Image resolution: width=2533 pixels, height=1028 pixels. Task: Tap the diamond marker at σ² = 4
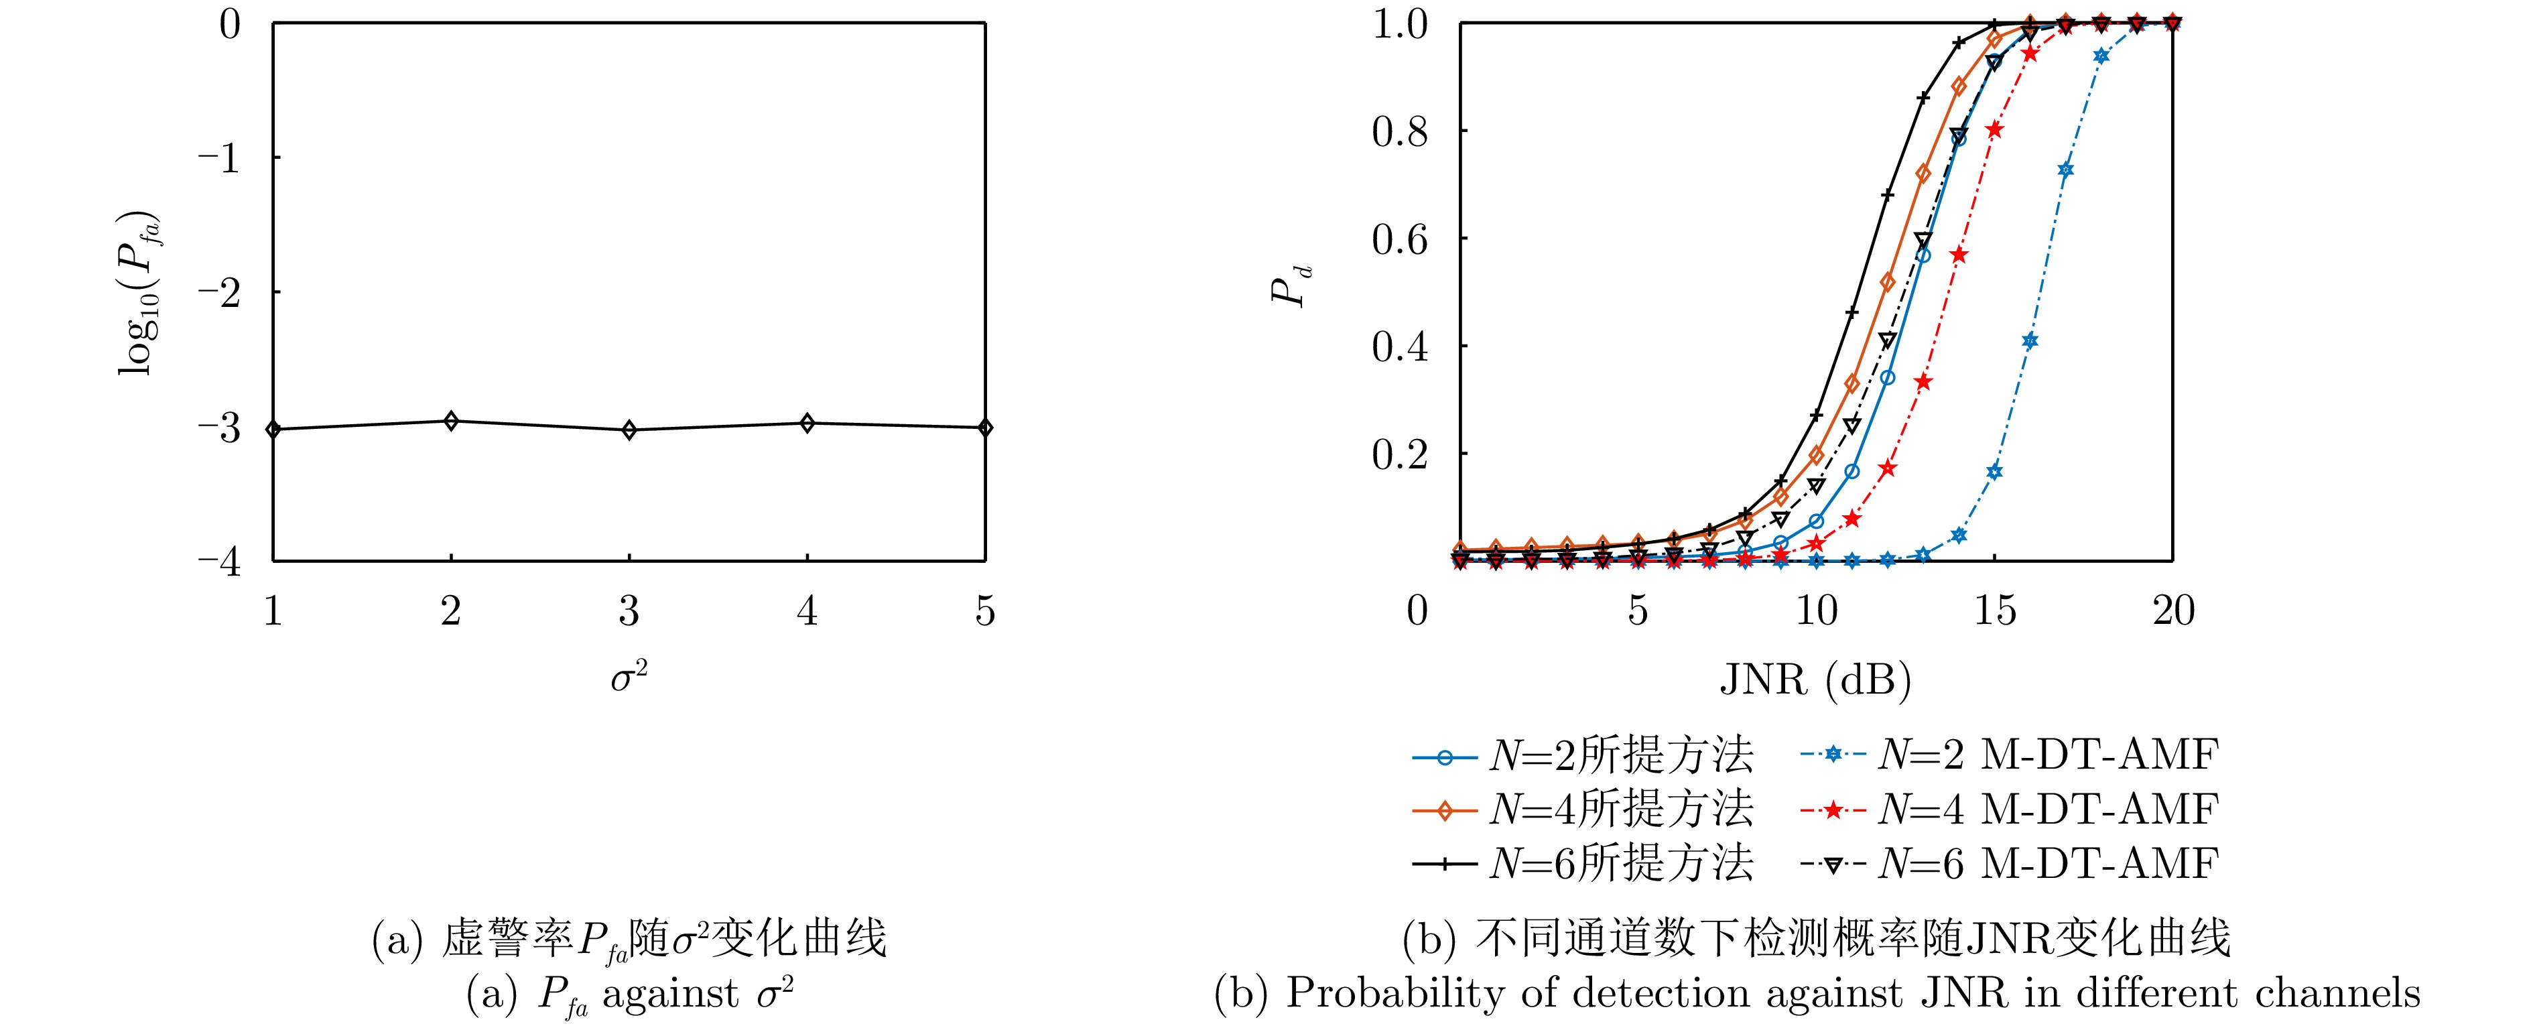[x=807, y=423]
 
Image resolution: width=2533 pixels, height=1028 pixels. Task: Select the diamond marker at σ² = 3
[x=629, y=430]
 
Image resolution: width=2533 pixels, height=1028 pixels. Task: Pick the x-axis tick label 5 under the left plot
[x=985, y=612]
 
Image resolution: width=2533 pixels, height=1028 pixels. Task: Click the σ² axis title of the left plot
[x=629, y=677]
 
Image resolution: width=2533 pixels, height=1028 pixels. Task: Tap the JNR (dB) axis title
[x=1815, y=679]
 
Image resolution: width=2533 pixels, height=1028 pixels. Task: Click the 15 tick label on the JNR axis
[x=1994, y=612]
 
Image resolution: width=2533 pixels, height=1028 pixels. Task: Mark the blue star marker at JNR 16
[x=2030, y=341]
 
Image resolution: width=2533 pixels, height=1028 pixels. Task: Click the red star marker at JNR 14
[x=1959, y=255]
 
